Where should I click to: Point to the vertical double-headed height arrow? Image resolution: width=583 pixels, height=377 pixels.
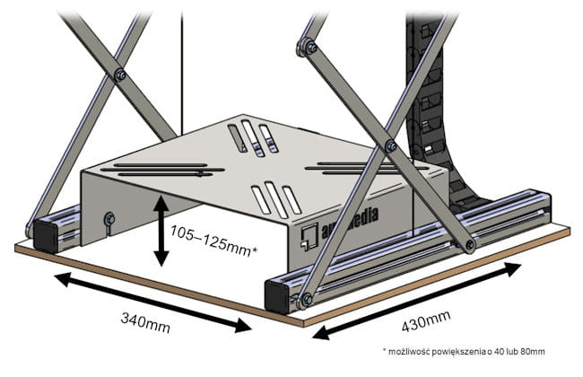coord(161,231)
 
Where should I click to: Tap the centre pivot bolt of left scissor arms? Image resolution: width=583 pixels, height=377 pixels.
coord(120,76)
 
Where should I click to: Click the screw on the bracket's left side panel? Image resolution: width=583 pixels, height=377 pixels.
coord(109,217)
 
